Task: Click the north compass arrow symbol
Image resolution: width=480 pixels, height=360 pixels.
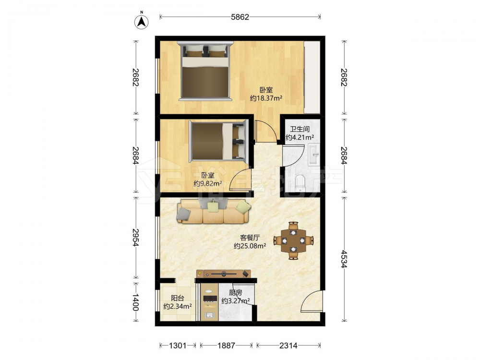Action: [142, 22]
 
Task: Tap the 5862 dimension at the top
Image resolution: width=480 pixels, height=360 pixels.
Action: [240, 17]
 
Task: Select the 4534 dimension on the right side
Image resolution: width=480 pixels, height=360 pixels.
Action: [344, 259]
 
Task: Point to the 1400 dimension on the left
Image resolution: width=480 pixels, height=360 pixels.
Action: [135, 302]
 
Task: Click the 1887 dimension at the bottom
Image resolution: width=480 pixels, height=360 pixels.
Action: [226, 346]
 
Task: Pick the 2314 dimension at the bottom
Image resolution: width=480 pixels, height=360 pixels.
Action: [288, 346]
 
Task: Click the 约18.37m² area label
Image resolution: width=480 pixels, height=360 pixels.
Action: [266, 98]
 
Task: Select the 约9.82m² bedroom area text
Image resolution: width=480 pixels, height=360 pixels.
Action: [208, 184]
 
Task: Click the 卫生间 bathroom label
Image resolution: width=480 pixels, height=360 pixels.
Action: [300, 129]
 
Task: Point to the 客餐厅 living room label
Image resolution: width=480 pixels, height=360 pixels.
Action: [250, 238]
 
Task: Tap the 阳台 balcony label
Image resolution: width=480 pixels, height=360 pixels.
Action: [178, 298]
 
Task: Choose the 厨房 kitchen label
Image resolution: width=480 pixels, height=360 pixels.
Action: [235, 293]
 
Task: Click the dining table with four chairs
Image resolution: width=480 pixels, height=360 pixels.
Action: [293, 240]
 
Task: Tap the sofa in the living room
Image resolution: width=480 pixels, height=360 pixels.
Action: [214, 211]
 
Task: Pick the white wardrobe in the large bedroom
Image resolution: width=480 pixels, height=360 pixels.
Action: [312, 77]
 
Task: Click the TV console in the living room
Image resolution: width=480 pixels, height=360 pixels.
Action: [224, 274]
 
